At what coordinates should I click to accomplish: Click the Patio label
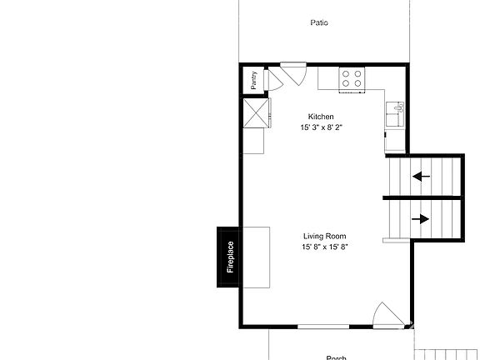[319, 22]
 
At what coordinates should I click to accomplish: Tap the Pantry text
[253, 80]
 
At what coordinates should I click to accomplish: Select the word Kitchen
[321, 117]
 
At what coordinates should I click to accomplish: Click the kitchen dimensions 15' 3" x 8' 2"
[321, 127]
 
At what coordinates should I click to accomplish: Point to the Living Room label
[324, 237]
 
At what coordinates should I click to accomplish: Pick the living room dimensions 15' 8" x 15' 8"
[324, 247]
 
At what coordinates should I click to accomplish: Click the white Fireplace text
[231, 257]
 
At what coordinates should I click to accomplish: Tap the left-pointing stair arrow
[421, 176]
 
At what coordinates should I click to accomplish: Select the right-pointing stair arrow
[421, 219]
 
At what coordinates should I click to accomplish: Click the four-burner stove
[352, 78]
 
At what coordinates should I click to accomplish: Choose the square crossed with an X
[255, 112]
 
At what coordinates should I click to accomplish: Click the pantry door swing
[272, 80]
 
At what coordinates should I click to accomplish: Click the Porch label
[336, 357]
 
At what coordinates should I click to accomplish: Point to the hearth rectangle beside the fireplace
[257, 257]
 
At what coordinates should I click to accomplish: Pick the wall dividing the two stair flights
[422, 197]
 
